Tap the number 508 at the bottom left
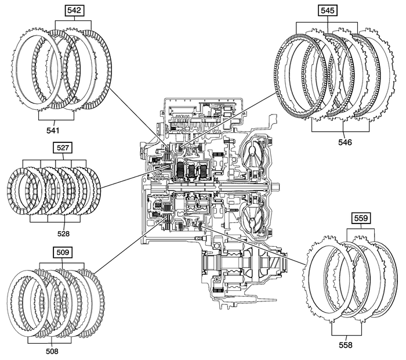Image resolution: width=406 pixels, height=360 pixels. click(50, 351)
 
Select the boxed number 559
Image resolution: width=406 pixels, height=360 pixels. click(360, 218)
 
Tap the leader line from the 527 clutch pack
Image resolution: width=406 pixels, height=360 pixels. click(136, 179)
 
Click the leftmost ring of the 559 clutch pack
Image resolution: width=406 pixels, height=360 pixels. click(308, 279)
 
